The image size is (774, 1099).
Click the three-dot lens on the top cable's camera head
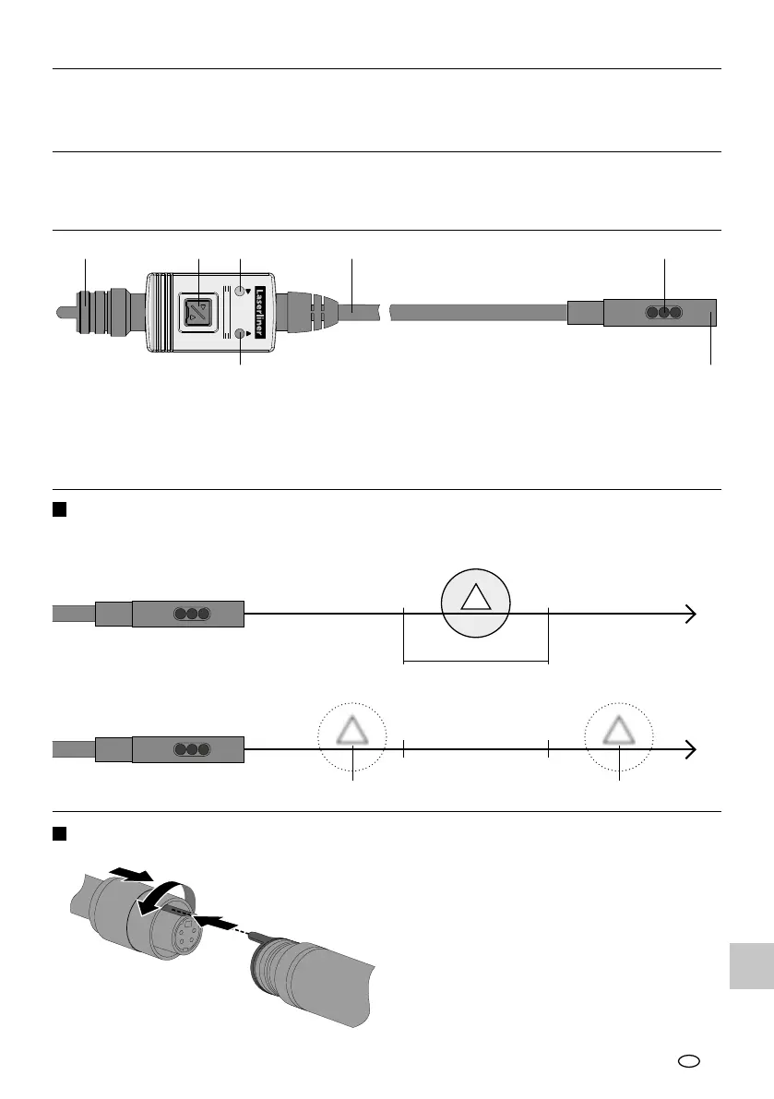tap(663, 312)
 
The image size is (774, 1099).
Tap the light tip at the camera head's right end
tap(711, 312)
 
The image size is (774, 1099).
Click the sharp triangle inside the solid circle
tap(476, 598)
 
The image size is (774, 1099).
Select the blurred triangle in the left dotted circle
tap(352, 734)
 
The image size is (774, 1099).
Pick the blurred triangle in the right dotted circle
tap(619, 734)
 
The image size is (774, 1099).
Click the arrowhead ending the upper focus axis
tap(690, 613)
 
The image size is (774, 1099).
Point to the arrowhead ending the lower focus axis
tap(690, 749)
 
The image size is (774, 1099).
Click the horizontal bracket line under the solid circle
tap(476, 661)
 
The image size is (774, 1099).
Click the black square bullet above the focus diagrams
tap(58, 510)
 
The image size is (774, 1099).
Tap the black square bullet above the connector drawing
tap(58, 833)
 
